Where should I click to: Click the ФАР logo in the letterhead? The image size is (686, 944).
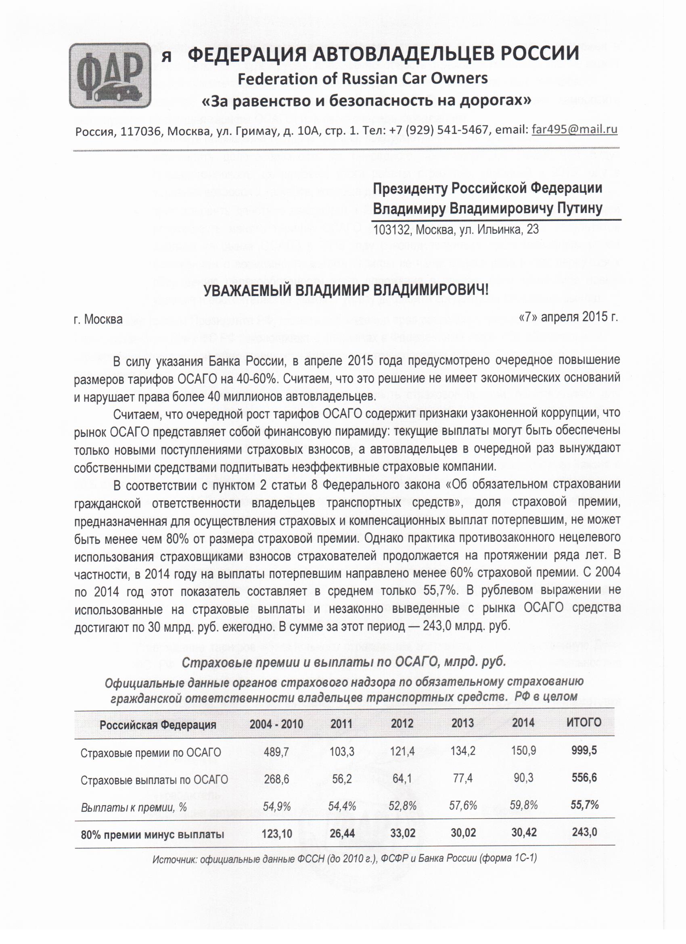(110, 76)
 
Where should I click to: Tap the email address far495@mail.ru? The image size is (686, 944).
(575, 129)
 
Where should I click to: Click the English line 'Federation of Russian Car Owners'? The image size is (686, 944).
(362, 78)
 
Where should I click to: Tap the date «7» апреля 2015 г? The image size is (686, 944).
(568, 317)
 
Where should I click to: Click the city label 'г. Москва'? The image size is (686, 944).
(98, 319)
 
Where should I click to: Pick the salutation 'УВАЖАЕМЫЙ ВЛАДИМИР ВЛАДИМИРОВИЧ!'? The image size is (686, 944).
(345, 290)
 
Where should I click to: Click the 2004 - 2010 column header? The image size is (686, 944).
(276, 724)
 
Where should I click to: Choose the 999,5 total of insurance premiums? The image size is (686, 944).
(584, 750)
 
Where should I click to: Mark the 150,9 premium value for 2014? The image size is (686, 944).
(523, 750)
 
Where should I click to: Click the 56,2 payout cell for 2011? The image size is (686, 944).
(342, 778)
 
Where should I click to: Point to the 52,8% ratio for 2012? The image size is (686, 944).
(402, 806)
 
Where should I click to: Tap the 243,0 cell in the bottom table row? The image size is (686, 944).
(584, 832)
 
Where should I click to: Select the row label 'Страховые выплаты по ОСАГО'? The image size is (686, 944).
(154, 779)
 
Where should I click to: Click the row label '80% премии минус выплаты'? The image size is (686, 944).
(153, 835)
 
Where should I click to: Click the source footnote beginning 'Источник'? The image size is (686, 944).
(344, 858)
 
